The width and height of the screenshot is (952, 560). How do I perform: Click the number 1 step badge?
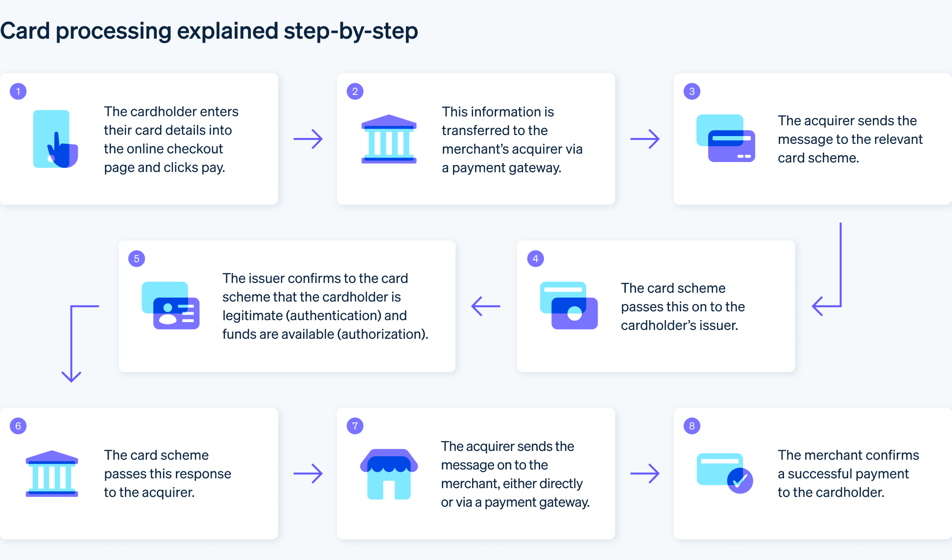(x=18, y=92)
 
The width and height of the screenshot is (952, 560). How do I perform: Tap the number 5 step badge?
(x=137, y=258)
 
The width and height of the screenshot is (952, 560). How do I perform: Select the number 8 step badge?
(x=692, y=426)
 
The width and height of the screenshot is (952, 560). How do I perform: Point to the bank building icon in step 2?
(x=389, y=139)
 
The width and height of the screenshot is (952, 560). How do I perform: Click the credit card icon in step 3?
(x=726, y=138)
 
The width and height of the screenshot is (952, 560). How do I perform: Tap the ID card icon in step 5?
(x=170, y=305)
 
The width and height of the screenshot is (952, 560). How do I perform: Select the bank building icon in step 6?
(x=52, y=473)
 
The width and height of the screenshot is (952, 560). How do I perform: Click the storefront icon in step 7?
(x=389, y=474)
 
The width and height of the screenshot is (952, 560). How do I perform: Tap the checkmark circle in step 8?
(x=740, y=481)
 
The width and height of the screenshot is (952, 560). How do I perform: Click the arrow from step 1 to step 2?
(x=308, y=139)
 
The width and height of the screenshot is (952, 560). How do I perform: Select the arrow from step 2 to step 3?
(x=645, y=139)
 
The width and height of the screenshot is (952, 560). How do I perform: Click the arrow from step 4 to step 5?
(x=485, y=306)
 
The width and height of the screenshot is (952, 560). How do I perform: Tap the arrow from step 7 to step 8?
(x=645, y=473)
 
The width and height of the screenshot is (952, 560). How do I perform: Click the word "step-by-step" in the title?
(x=351, y=31)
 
